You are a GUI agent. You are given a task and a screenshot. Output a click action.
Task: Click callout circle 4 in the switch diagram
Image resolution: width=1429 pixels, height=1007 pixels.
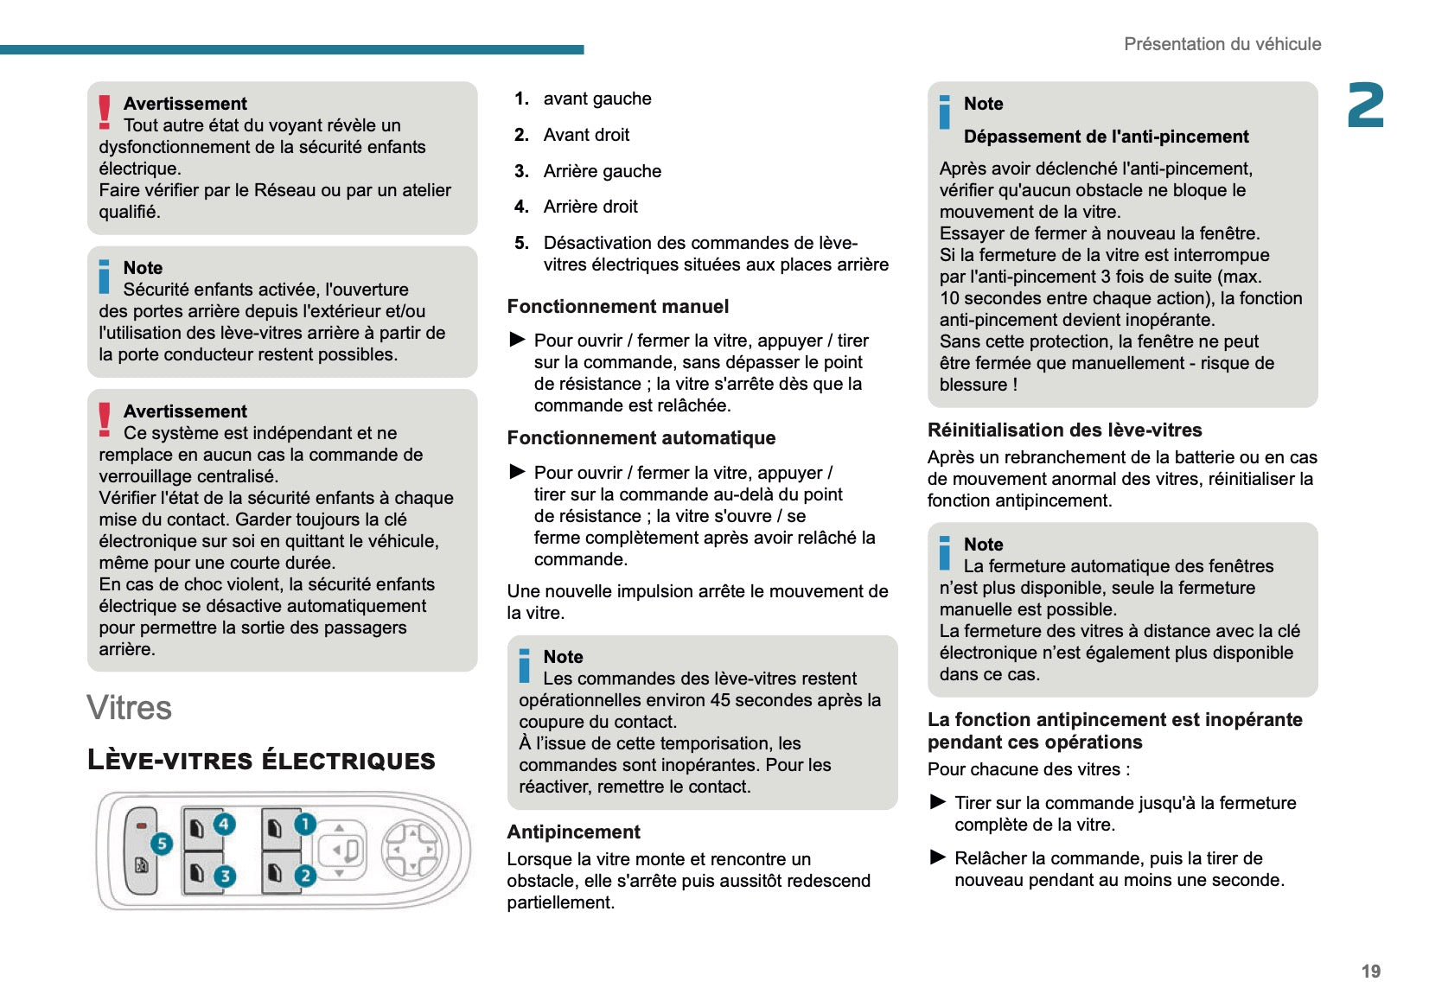click(x=224, y=824)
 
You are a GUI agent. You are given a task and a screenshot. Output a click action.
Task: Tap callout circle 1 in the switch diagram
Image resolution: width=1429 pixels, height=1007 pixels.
click(x=304, y=824)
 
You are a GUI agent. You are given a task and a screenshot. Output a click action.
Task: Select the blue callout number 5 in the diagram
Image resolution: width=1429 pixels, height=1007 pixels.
click(x=161, y=844)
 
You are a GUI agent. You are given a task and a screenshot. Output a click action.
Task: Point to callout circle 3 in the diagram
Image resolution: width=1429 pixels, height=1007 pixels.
click(x=225, y=876)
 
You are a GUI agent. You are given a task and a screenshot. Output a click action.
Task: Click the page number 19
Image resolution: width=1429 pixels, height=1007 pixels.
click(x=1370, y=972)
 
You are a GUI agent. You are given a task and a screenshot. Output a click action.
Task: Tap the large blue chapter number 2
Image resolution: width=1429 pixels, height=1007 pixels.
click(x=1365, y=106)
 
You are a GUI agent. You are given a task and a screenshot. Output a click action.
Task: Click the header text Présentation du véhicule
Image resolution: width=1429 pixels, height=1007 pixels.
click(x=1222, y=44)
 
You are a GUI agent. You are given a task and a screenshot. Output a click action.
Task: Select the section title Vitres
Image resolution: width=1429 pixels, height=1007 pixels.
click(x=129, y=708)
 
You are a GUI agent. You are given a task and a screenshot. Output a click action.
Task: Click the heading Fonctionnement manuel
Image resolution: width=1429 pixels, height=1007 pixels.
click(x=617, y=307)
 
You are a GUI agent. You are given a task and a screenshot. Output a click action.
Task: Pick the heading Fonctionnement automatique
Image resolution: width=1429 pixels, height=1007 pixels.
click(x=641, y=438)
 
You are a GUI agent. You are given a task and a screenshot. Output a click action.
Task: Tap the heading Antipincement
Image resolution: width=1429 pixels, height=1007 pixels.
click(x=573, y=832)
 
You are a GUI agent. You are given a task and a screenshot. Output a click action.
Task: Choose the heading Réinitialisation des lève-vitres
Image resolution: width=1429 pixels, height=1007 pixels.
click(x=1064, y=430)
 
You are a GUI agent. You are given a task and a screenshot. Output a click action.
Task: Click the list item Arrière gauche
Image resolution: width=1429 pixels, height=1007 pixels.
click(x=602, y=171)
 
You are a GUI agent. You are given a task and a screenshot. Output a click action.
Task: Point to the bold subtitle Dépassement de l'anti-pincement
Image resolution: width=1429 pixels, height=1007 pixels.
click(x=1106, y=137)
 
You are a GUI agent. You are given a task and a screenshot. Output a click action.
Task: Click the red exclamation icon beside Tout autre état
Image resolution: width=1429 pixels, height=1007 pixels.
click(x=105, y=112)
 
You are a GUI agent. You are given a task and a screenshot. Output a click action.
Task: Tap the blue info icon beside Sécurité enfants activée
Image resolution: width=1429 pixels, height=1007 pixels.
click(x=105, y=277)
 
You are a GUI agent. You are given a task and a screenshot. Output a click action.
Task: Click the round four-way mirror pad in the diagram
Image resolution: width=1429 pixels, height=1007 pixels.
click(x=412, y=850)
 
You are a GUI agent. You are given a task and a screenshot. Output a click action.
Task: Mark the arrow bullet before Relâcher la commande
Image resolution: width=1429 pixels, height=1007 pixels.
click(x=938, y=857)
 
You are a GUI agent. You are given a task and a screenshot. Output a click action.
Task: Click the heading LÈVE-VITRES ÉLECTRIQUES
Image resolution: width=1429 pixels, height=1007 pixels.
click(x=261, y=761)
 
